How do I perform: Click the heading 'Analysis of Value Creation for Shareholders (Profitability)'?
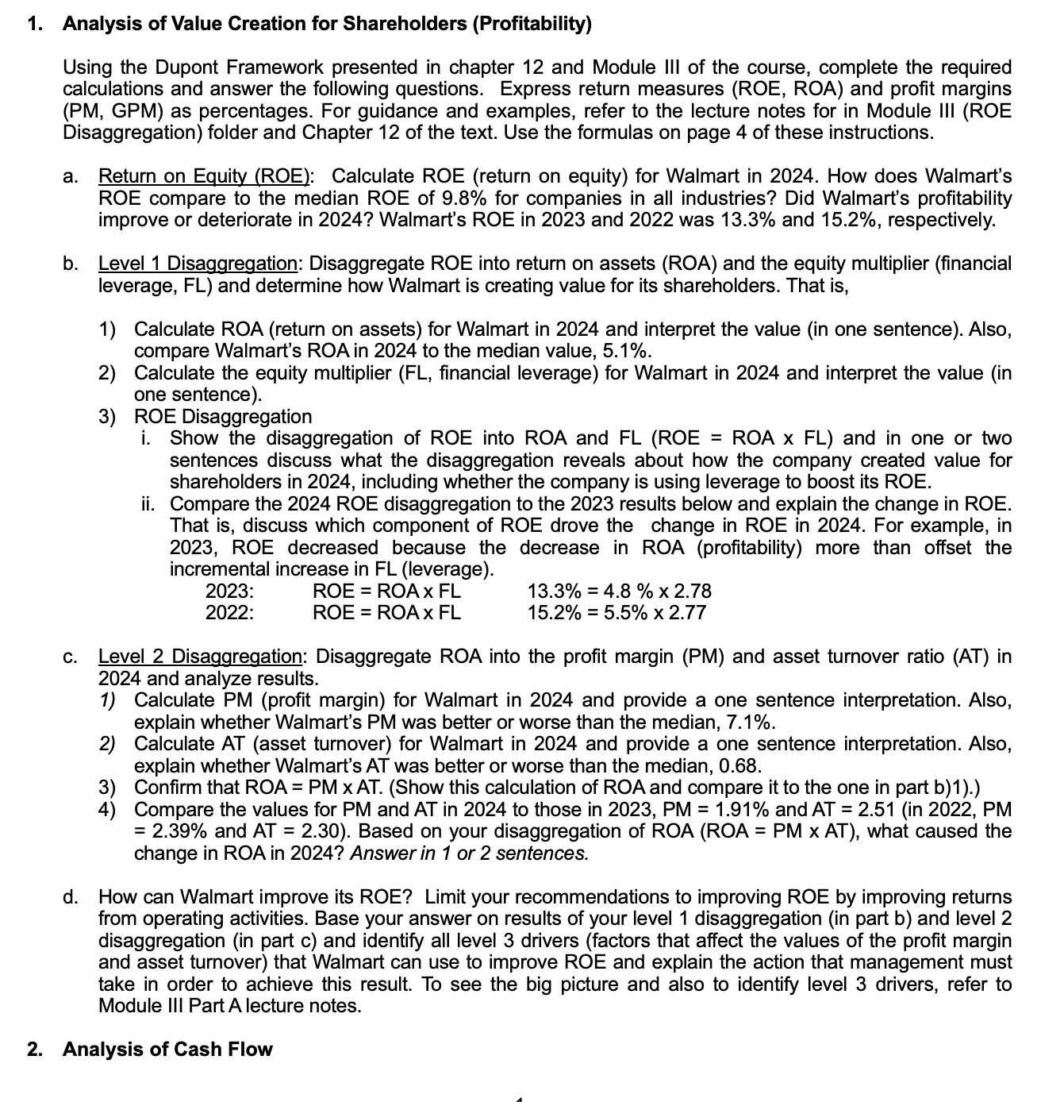[x=327, y=24]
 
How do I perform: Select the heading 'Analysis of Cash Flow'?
[x=167, y=1049]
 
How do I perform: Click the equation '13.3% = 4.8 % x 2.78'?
[x=619, y=591]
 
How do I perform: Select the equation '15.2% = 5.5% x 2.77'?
[x=617, y=613]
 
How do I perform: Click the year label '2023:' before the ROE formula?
[x=230, y=591]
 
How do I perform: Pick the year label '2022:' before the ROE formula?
[x=230, y=613]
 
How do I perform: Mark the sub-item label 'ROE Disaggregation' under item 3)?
[x=223, y=416]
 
